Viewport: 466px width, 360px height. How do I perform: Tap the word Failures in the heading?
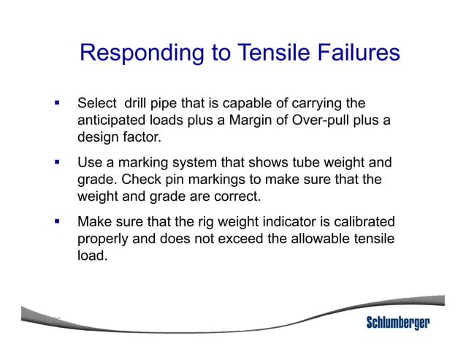(x=356, y=53)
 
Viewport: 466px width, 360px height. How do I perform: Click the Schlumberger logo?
(x=397, y=323)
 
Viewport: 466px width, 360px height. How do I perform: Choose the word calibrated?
(x=361, y=223)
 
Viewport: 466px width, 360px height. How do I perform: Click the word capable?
(x=249, y=103)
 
